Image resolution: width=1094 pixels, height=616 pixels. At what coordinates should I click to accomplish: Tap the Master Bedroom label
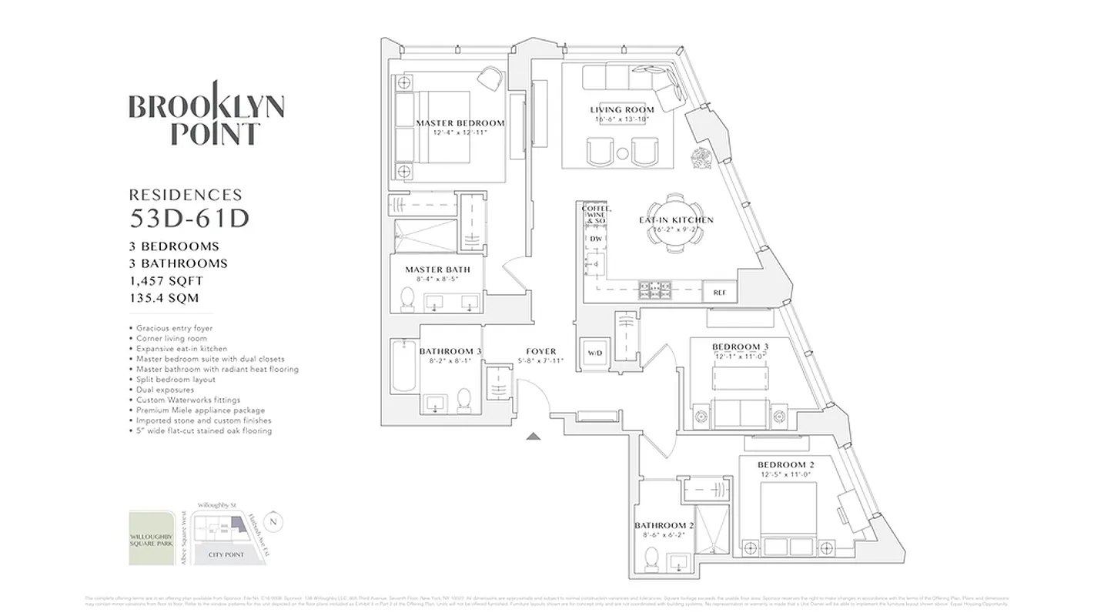(x=460, y=123)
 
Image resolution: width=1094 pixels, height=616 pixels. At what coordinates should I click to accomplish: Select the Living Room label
(x=622, y=110)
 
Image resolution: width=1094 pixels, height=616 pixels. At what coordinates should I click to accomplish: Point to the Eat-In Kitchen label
(x=676, y=220)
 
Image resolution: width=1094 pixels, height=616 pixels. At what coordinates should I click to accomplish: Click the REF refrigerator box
(x=720, y=292)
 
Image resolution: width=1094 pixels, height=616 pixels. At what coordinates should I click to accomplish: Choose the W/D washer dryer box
(x=595, y=353)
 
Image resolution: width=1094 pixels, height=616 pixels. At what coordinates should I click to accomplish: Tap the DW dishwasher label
(x=595, y=239)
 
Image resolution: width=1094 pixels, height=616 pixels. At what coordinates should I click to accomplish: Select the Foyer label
(x=541, y=352)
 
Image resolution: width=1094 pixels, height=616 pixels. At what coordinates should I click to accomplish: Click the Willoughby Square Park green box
(x=152, y=538)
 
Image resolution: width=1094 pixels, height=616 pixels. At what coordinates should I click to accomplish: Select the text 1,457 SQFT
(x=166, y=281)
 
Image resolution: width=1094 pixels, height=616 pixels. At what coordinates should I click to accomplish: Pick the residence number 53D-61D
(x=189, y=219)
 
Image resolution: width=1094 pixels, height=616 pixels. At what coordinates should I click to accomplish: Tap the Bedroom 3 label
(x=740, y=346)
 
